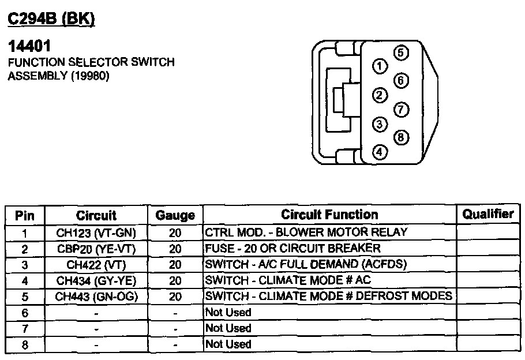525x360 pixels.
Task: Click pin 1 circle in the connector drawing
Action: pyautogui.click(x=379, y=66)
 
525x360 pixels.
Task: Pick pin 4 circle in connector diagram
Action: pyautogui.click(x=379, y=152)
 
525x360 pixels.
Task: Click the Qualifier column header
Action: pyautogui.click(x=487, y=214)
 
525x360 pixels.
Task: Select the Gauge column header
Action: pyautogui.click(x=175, y=216)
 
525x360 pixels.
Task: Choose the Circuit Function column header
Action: pyautogui.click(x=329, y=215)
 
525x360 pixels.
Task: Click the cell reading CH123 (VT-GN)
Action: pyautogui.click(x=96, y=232)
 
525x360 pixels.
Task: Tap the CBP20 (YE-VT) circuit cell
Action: pyautogui.click(x=96, y=249)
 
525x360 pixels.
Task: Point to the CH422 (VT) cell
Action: pyautogui.click(x=96, y=265)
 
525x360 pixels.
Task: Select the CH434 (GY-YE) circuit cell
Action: pyautogui.click(x=96, y=280)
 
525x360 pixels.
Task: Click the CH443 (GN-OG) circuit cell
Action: pyautogui.click(x=96, y=297)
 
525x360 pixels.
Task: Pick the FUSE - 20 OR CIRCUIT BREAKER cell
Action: pyautogui.click(x=293, y=249)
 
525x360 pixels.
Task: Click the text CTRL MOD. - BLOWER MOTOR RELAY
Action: pyautogui.click(x=306, y=232)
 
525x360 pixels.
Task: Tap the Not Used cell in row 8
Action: pyautogui.click(x=228, y=344)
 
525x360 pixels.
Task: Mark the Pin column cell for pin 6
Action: pyautogui.click(x=25, y=312)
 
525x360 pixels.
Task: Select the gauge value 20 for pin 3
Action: pyautogui.click(x=175, y=265)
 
